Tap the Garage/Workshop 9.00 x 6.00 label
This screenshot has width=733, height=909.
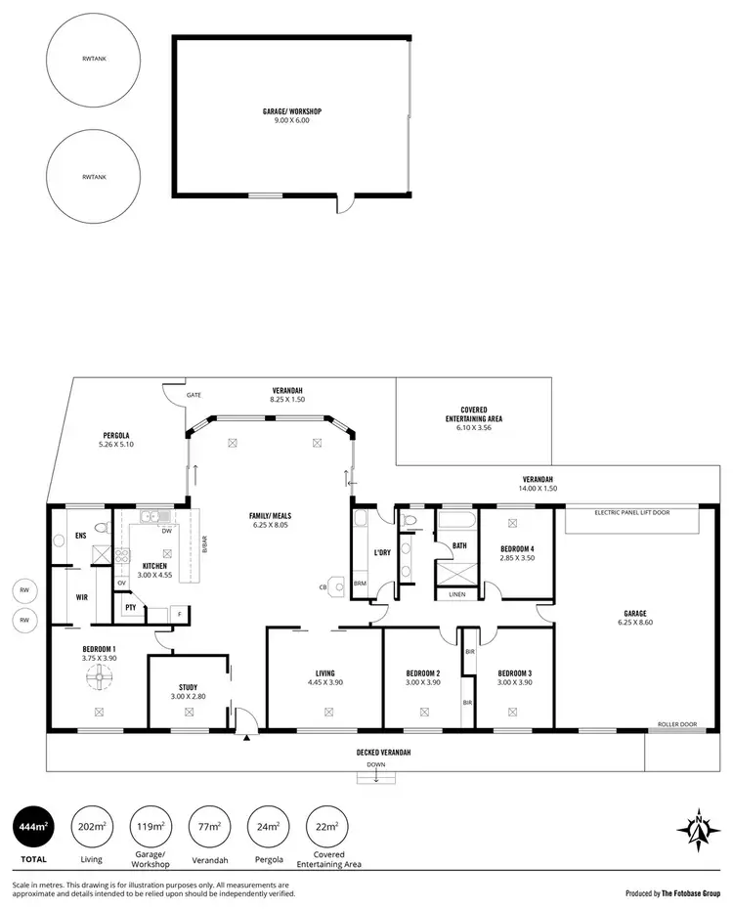(291, 115)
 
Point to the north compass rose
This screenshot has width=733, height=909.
(699, 829)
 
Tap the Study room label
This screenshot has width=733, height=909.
(188, 692)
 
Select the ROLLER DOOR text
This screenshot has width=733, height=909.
(677, 723)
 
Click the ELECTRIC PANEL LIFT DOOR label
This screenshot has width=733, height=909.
(630, 510)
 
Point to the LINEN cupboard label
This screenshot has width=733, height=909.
(457, 593)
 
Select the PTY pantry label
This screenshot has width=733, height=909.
(130, 608)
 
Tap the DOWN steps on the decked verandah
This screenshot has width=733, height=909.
(377, 776)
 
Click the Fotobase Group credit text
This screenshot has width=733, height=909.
(672, 892)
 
